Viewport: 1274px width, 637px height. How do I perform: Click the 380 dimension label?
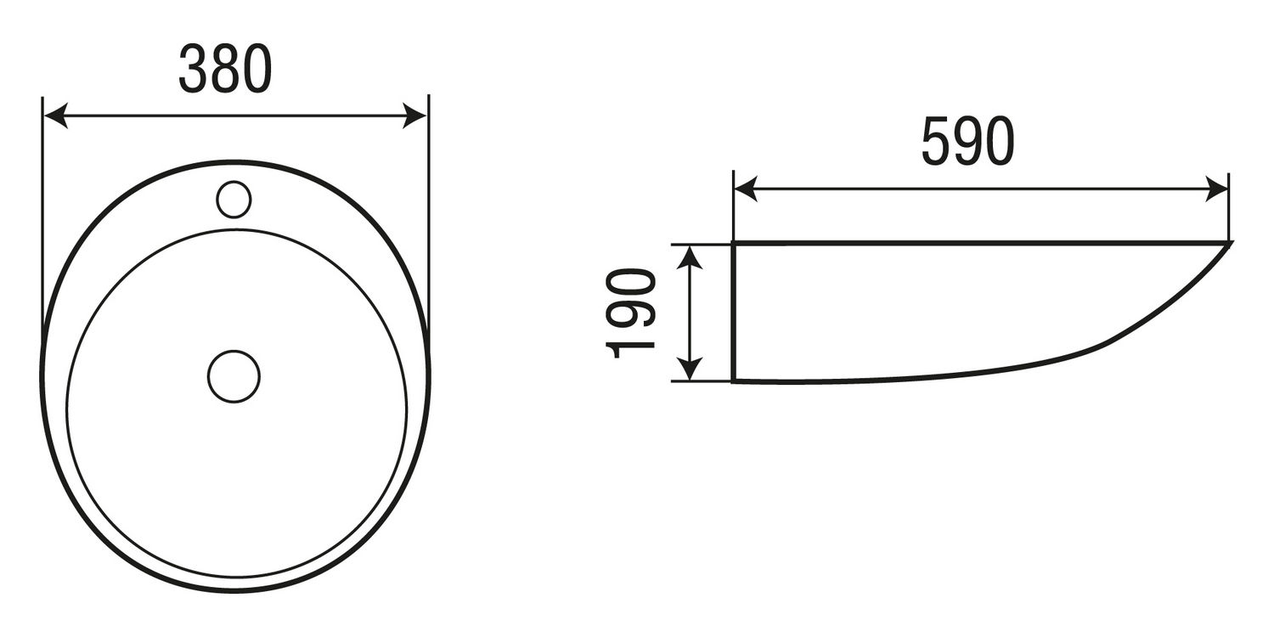(225, 69)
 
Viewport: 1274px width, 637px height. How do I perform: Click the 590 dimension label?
(968, 141)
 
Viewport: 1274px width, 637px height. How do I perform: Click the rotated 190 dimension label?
(631, 313)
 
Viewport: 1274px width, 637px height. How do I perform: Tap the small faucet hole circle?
(234, 199)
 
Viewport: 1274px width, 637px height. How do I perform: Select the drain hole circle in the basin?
(234, 376)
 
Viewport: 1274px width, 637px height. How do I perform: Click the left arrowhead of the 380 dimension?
(55, 116)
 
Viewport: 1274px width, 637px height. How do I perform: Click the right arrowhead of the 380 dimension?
(414, 116)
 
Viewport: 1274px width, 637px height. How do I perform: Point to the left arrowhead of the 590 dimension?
(746, 189)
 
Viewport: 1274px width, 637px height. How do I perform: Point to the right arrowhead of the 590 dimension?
(1216, 189)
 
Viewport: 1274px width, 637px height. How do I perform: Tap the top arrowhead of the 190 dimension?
(690, 256)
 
